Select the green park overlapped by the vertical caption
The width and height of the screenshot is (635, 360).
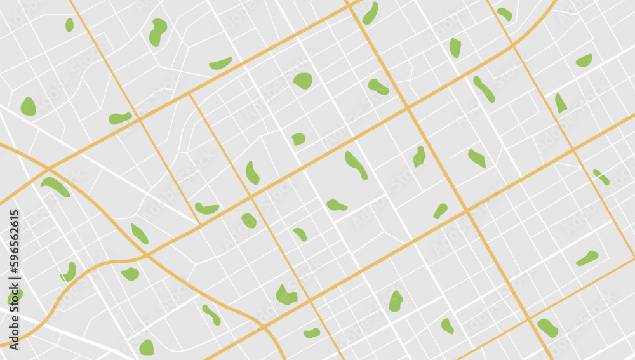point(14,296)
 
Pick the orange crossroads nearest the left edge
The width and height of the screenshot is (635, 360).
point(48,170)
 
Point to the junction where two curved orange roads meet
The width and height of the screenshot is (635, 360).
point(146,255)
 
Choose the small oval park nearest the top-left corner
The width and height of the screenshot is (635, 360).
point(69,25)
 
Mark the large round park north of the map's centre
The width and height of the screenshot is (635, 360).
point(303,81)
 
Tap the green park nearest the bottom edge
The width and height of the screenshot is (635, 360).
point(147,347)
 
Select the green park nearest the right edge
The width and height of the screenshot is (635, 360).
point(601,177)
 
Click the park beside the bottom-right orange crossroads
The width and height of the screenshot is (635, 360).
point(547,327)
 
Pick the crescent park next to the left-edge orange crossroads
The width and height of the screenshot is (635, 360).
point(55,185)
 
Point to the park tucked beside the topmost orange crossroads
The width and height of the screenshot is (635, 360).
point(370,13)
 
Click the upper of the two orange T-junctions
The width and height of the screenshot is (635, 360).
point(190,94)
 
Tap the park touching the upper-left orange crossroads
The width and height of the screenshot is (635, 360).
point(120,118)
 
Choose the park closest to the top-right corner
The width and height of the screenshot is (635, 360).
point(584,60)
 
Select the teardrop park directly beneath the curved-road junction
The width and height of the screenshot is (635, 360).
point(130,274)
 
